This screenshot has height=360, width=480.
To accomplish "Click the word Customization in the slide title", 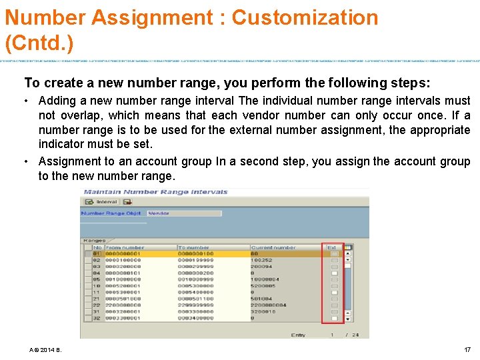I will pyautogui.click(x=305, y=17).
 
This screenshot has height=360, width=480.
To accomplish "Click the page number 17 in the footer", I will pyautogui.click(x=467, y=350).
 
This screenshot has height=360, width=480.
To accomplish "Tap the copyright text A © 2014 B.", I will pyautogui.click(x=45, y=350).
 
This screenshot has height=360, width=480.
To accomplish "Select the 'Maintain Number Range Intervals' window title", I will pyautogui.click(x=155, y=192).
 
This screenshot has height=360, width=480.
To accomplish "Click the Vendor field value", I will pyautogui.click(x=158, y=213).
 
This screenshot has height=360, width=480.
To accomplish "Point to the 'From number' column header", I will pyautogui.click(x=124, y=247).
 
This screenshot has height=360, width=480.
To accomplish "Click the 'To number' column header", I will pyautogui.click(x=194, y=247).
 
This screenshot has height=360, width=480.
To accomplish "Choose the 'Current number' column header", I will pyautogui.click(x=273, y=247).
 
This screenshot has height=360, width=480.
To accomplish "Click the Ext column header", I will pyautogui.click(x=332, y=247).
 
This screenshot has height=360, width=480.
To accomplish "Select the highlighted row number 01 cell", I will pyautogui.click(x=97, y=254).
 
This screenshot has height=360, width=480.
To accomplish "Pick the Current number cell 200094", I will pyautogui.click(x=262, y=266).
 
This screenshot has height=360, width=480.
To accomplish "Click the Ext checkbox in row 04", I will pyautogui.click(x=335, y=273).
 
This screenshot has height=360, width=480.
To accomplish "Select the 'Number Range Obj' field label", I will pyautogui.click(x=111, y=213).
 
